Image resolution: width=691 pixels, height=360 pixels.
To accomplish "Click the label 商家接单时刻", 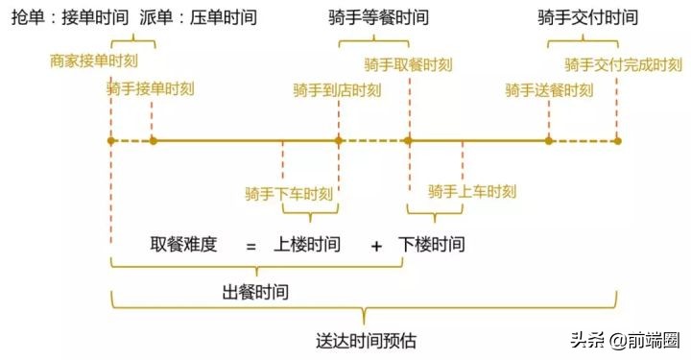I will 94,60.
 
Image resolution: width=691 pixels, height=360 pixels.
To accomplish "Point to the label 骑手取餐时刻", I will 408,64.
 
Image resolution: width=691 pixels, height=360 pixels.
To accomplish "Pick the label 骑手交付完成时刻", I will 623,64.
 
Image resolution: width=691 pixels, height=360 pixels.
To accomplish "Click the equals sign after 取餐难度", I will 250,246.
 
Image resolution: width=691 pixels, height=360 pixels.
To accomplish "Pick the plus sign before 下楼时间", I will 376,246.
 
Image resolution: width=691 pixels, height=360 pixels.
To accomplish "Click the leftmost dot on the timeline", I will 111,140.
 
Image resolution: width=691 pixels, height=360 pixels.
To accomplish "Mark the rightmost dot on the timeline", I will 617,140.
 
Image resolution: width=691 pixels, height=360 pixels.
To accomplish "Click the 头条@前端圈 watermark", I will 626,341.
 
